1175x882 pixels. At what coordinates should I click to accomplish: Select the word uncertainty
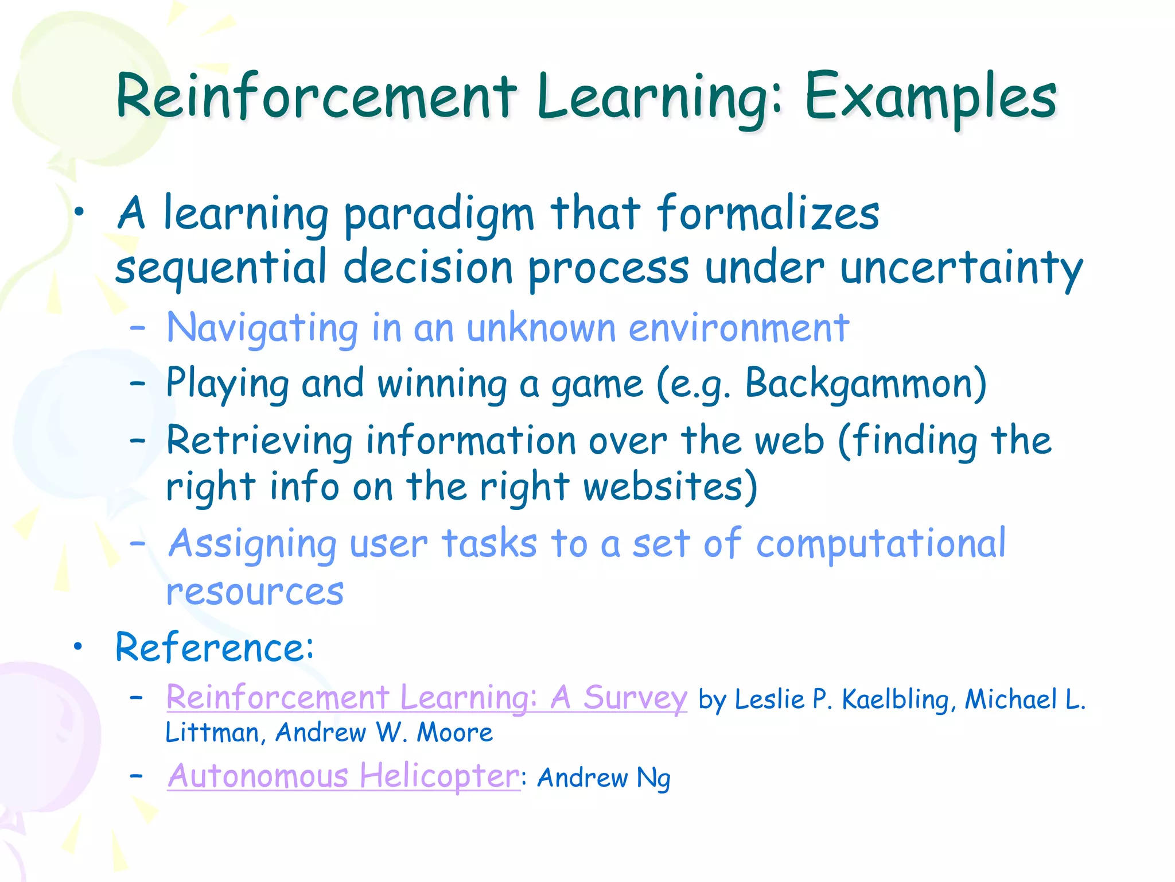pyautogui.click(x=961, y=269)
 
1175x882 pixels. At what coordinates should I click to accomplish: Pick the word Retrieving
pyautogui.click(x=259, y=441)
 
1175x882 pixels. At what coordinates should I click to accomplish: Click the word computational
pyautogui.click(x=881, y=544)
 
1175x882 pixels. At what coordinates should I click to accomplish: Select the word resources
pyautogui.click(x=255, y=591)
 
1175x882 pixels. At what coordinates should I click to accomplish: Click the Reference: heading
pyautogui.click(x=215, y=648)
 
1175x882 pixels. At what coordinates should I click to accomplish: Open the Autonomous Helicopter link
pyautogui.click(x=343, y=776)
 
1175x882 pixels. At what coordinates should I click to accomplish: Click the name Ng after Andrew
pyautogui.click(x=653, y=779)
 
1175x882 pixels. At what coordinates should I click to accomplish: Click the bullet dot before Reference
pyautogui.click(x=78, y=647)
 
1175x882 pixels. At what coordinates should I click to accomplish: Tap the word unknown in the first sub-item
pyautogui.click(x=542, y=328)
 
